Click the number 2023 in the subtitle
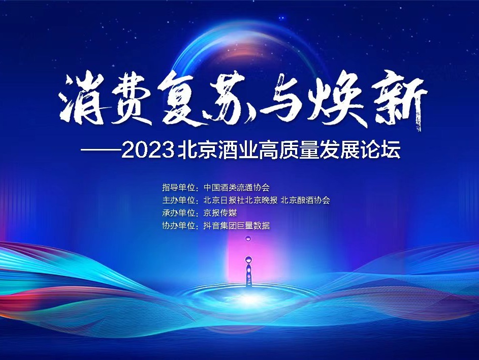click(147, 150)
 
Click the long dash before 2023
click(101, 150)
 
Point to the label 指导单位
click(178, 187)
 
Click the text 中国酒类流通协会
click(236, 187)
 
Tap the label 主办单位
click(178, 200)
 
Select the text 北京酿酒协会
click(305, 200)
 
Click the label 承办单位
click(178, 213)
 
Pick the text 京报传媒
click(220, 213)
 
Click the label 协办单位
click(178, 226)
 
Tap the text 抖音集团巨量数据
click(236, 226)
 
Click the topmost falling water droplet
click(248, 238)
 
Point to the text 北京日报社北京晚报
click(240, 200)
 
